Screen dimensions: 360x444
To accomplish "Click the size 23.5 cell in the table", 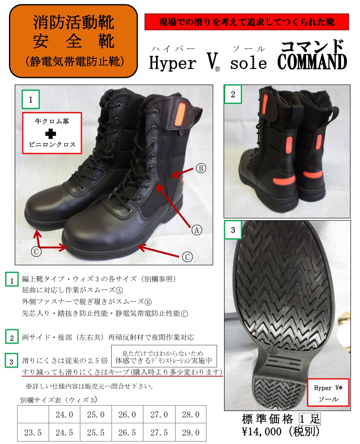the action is point(33,432).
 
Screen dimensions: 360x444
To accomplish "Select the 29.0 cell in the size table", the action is point(190,432).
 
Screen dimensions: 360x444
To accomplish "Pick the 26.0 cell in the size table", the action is point(127,415).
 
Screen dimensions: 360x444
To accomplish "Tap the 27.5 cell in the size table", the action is point(159,432).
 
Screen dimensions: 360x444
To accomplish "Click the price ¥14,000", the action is point(262,431).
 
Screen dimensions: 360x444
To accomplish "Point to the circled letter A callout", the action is point(197,230).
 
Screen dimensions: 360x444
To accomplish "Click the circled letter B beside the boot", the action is point(201,169).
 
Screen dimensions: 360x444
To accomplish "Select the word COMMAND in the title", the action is point(312,62).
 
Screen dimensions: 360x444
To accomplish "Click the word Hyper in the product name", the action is point(173,63).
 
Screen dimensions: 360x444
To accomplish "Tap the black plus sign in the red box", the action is point(51,134).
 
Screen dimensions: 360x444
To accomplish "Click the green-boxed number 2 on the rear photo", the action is point(233,94).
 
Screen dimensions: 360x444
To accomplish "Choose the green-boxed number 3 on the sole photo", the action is point(233,230).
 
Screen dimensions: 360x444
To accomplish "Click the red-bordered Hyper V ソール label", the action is point(328,393).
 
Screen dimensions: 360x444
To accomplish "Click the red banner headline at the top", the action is point(246,22).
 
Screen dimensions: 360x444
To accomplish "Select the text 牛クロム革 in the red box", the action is point(52,121).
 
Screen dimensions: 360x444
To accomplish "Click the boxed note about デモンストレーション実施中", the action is point(164,357).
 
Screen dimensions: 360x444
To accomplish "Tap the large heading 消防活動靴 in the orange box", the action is point(74,22).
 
